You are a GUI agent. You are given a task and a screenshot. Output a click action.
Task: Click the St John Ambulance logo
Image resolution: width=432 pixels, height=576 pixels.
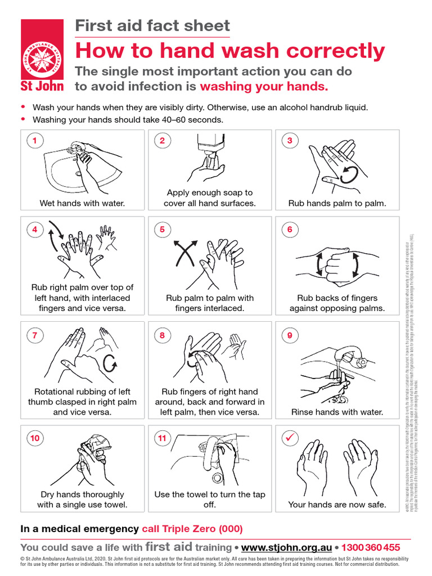pos(42,55)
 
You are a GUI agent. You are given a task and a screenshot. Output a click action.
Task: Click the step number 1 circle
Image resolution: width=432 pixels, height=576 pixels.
pos(35,141)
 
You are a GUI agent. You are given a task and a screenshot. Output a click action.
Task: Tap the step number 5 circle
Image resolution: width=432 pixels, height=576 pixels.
pos(162,229)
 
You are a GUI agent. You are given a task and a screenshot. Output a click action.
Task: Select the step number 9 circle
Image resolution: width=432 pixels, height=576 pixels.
pos(290,336)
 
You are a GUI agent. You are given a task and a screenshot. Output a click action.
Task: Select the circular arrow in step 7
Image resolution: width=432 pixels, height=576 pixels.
pos(110,363)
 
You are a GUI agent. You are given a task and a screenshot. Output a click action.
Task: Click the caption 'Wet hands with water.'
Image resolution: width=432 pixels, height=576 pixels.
pos(82,203)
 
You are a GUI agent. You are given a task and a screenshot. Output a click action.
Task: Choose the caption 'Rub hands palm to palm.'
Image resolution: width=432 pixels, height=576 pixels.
pos(337,203)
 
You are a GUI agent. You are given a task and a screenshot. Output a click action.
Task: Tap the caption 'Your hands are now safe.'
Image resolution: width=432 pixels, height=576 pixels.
pos(337,505)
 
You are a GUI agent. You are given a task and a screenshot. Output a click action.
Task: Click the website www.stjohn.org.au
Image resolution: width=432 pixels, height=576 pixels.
pos(286,547)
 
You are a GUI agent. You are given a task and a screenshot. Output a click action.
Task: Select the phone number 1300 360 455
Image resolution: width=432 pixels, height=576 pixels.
pos(371,547)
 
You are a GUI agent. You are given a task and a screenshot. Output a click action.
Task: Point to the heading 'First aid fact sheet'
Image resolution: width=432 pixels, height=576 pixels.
pos(152,25)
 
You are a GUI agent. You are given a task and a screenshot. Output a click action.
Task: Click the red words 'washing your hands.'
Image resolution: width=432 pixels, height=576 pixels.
pos(264,87)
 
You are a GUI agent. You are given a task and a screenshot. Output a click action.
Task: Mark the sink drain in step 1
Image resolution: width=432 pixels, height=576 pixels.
pos(78,174)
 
